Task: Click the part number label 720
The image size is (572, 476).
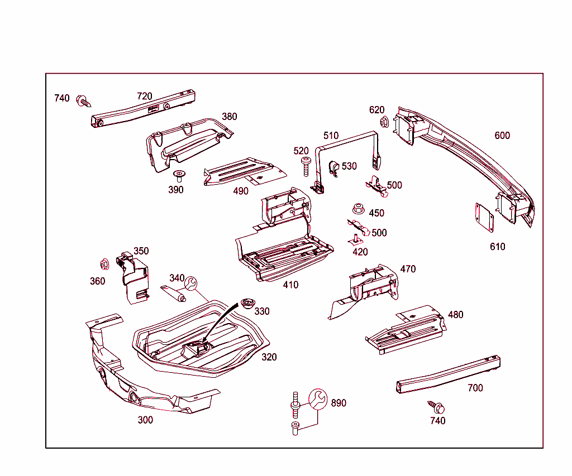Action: pos(145,96)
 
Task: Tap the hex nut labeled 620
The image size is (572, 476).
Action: pos(384,122)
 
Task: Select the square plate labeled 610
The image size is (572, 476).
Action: pos(484,218)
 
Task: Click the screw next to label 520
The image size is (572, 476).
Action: pos(306,166)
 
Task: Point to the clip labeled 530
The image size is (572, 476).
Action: pos(333,167)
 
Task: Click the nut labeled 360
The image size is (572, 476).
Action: pos(104,263)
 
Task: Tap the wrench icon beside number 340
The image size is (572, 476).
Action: pos(190,284)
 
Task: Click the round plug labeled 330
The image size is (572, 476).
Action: pos(247,304)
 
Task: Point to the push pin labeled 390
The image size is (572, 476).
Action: pos(179,176)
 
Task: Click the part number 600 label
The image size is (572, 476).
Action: pos(502,136)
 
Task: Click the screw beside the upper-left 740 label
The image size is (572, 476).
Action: pos(84,102)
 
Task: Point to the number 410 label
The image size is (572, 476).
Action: pos(290,285)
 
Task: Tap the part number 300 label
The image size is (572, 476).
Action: pos(145,420)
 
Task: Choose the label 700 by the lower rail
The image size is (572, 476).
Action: pos(475,388)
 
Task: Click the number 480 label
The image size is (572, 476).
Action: pos(455,315)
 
